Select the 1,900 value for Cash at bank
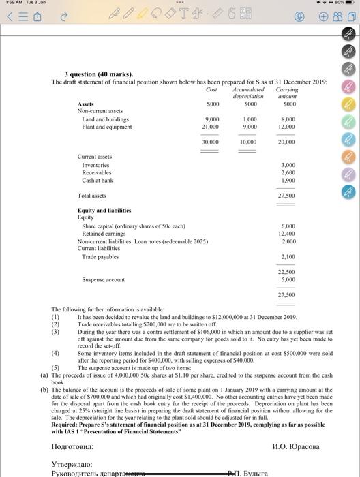point(288,180)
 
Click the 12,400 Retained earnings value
point(286,233)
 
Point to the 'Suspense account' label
point(103,279)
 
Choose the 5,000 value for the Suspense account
point(288,279)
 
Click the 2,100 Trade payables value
point(288,256)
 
